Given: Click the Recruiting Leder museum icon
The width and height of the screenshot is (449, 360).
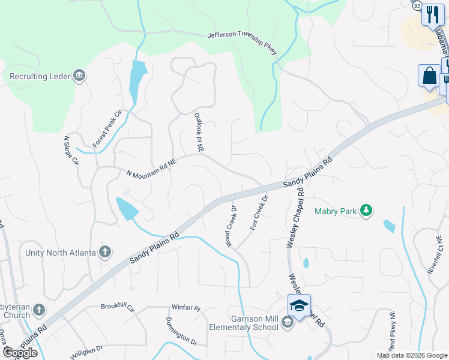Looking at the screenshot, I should [79, 76].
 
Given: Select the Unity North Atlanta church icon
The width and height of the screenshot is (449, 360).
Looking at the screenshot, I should [105, 252].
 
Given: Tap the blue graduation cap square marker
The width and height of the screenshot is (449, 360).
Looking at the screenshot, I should [299, 306].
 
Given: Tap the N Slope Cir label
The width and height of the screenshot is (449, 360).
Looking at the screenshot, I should [71, 150].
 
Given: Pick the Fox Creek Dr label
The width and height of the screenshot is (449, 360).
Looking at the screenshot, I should [258, 214].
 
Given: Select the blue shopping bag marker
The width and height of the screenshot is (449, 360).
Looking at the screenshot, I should [429, 77].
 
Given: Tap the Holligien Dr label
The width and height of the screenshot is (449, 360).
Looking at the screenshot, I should [86, 347].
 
